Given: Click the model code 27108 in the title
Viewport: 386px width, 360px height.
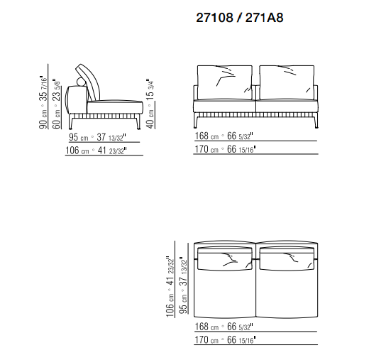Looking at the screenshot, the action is [x=214, y=18].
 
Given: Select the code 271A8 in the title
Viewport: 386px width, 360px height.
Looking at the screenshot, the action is [x=264, y=18].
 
